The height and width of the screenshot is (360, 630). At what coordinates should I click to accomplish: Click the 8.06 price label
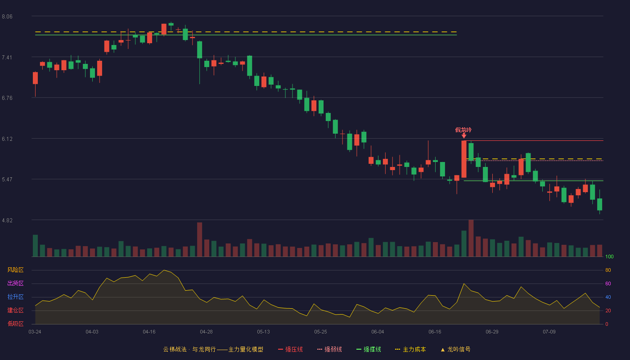pos(7,17)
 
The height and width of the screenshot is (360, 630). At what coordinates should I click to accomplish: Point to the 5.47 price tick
pos(7,180)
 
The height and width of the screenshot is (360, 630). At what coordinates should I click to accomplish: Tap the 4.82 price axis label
pos(7,220)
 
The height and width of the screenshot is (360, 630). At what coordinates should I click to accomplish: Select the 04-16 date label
pos(149,332)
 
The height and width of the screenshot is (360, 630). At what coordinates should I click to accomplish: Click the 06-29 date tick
pos(492,332)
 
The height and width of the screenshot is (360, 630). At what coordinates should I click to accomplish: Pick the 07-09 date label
pos(549,332)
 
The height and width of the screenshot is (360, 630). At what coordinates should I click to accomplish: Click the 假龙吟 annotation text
pos(463,130)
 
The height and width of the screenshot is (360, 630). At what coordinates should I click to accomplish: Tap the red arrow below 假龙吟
pos(464,136)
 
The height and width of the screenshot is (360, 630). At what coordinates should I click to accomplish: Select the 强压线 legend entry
pos(290,349)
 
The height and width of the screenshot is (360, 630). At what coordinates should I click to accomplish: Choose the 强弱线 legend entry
pos(329,349)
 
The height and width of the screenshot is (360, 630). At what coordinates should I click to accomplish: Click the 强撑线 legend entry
pos(369,349)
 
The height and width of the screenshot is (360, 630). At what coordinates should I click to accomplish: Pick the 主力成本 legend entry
pos(410,349)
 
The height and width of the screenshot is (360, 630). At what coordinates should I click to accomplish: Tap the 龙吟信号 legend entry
pos(455,349)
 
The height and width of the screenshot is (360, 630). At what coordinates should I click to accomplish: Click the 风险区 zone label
pos(15,270)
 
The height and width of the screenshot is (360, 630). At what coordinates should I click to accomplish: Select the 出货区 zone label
pos(15,283)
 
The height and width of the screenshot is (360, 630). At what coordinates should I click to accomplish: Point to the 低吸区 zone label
pos(15,324)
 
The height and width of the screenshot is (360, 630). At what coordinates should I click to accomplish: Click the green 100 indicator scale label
pos(609,256)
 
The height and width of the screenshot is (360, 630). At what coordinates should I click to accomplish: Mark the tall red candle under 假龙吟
pos(464,159)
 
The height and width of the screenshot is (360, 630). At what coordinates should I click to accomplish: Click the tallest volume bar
pos(471,238)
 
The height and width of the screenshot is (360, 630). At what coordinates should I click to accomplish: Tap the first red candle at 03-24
pos(35,78)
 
